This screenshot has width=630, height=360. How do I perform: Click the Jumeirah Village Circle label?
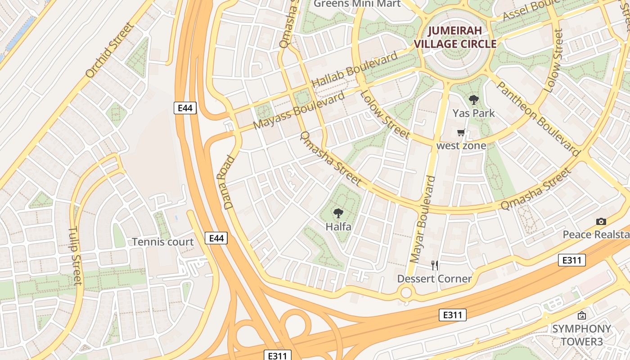point(455,37)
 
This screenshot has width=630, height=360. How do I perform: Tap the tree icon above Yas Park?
point(473,100)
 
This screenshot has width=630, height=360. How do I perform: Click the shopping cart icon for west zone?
point(461,133)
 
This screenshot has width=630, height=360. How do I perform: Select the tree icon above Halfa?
point(338,213)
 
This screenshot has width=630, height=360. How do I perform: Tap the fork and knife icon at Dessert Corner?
point(434,265)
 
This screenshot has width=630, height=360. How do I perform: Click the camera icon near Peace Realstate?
point(601,221)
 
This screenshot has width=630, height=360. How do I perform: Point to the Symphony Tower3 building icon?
point(582,315)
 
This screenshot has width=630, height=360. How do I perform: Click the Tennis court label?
point(163,242)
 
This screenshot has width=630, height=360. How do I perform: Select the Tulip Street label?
point(75,256)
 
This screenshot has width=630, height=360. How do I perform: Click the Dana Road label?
point(229,182)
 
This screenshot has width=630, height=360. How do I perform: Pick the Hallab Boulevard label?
point(355,69)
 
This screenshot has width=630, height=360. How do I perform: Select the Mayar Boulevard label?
point(423,219)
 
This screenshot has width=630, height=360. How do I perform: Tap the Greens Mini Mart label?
point(357,4)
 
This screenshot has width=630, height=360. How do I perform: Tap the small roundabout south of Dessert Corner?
point(406,293)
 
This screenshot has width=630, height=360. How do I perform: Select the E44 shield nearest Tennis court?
point(216,238)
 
